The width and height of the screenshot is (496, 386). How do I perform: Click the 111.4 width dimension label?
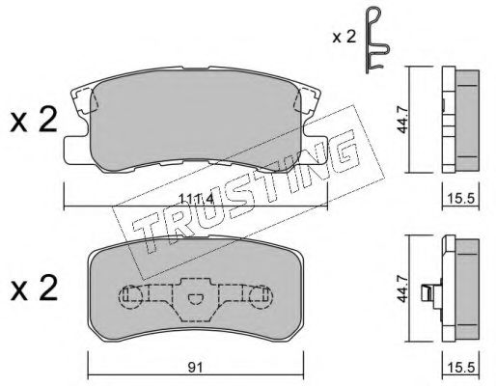pyautogui.click(x=196, y=200)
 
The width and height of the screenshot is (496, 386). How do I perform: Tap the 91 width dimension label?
pyautogui.click(x=195, y=367)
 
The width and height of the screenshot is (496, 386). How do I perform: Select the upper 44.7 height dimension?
pyautogui.click(x=402, y=120)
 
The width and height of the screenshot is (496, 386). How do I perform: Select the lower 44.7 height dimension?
pyautogui.click(x=402, y=289)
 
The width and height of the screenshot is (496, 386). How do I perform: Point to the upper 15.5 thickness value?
pyautogui.click(x=461, y=199)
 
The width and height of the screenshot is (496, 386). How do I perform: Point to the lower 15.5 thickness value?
pyautogui.click(x=461, y=368)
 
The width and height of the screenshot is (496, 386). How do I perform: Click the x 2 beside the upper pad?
pyautogui.click(x=34, y=121)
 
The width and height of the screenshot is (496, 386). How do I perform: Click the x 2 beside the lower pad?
pyautogui.click(x=34, y=289)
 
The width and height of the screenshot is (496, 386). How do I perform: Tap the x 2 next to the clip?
pyautogui.click(x=344, y=38)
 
